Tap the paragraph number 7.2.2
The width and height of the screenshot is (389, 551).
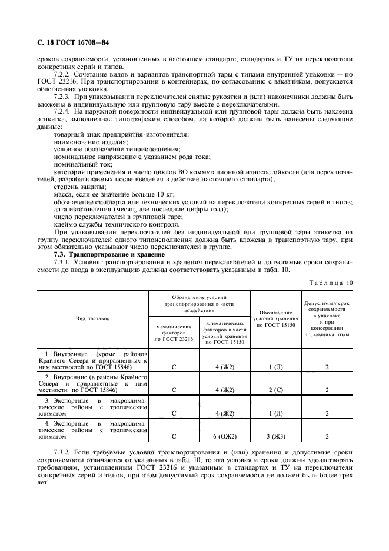[x=62, y=77]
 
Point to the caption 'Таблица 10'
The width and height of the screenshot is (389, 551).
[x=330, y=283]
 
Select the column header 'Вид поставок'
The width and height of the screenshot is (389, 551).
[x=92, y=318]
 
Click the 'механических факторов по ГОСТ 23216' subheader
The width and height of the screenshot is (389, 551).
[x=174, y=332]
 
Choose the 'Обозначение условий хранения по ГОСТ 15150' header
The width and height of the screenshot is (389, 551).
[x=275, y=318]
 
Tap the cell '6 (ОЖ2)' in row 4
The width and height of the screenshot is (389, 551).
[x=225, y=436]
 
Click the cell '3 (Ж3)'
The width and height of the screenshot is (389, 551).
[x=275, y=436]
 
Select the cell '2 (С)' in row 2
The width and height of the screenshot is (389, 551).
[x=275, y=390]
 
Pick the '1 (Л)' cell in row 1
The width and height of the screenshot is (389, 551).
[x=275, y=366]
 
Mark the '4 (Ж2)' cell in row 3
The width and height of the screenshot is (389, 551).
[x=225, y=413]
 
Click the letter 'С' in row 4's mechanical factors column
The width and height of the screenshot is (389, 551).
[x=174, y=436]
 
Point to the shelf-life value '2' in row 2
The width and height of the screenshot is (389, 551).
[x=327, y=390]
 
